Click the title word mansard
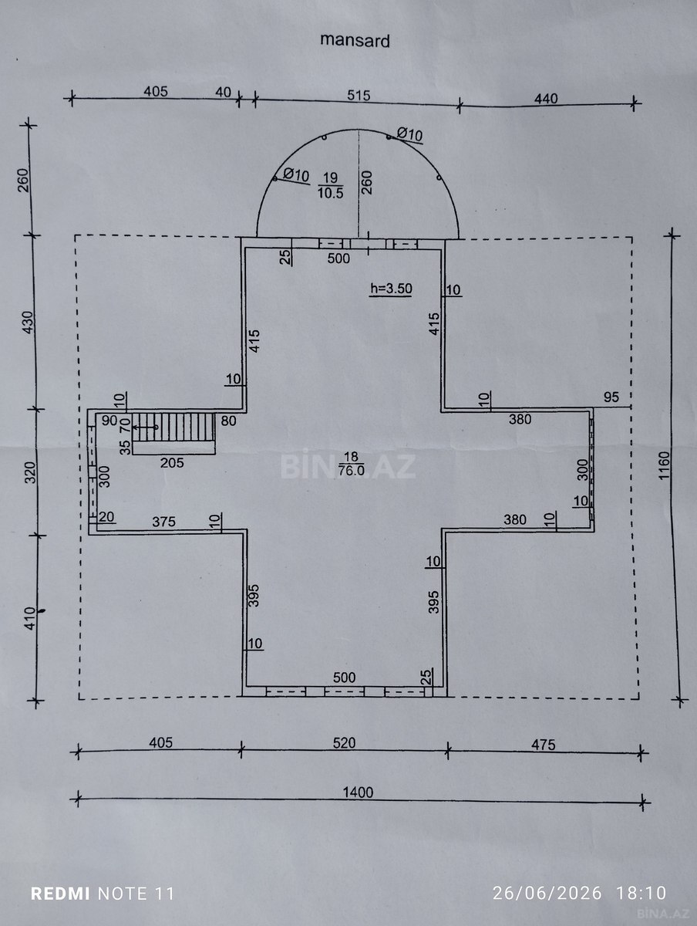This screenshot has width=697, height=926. click(x=355, y=40)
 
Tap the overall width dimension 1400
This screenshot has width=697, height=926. click(x=358, y=793)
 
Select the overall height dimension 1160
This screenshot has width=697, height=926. click(x=664, y=465)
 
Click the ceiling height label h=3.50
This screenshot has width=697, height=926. click(x=391, y=289)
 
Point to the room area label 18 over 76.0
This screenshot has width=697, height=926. click(x=351, y=463)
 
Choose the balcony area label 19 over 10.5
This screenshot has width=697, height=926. click(x=330, y=185)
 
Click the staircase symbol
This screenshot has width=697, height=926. click(x=173, y=427)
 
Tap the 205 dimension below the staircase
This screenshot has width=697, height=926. click(x=172, y=463)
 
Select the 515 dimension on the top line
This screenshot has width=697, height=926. click(x=359, y=96)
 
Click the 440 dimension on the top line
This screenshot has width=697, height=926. click(x=546, y=99)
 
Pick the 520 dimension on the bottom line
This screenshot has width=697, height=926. click(x=345, y=743)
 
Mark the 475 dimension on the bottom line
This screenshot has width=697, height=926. click(x=544, y=745)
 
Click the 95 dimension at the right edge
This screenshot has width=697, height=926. click(x=611, y=397)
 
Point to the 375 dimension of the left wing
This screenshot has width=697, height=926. click(x=163, y=522)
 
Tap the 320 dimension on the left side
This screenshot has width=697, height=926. click(x=30, y=472)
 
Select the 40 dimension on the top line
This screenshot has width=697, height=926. click(x=224, y=92)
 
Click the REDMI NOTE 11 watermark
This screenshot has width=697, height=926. click(x=103, y=894)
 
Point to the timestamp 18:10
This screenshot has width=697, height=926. click(x=641, y=893)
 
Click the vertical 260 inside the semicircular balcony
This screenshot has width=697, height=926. click(x=367, y=182)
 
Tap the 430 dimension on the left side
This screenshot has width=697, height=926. click(x=28, y=323)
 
